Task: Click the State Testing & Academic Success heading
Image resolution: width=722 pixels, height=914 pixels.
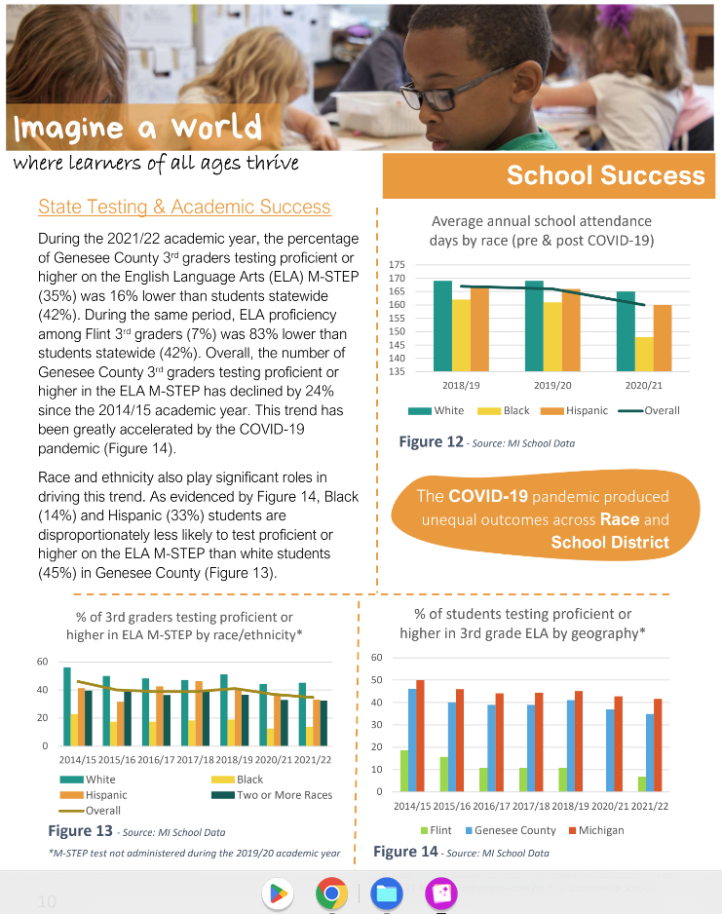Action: (x=184, y=207)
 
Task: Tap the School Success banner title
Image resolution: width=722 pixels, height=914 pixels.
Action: (x=605, y=175)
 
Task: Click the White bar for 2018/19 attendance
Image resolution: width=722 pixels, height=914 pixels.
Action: (x=442, y=325)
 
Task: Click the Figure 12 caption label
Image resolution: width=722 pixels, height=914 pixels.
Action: (x=431, y=441)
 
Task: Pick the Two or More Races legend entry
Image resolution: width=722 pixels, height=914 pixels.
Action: (x=278, y=794)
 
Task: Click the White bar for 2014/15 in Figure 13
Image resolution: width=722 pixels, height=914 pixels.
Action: (x=67, y=706)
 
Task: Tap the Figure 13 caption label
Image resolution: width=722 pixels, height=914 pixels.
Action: (x=80, y=831)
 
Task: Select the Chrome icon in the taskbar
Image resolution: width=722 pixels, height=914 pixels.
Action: (x=331, y=893)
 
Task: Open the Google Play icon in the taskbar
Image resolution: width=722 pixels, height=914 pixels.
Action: (x=277, y=893)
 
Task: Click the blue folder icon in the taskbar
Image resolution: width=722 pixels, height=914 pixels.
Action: (x=387, y=893)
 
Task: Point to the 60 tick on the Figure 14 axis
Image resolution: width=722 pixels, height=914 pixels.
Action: (x=376, y=657)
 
